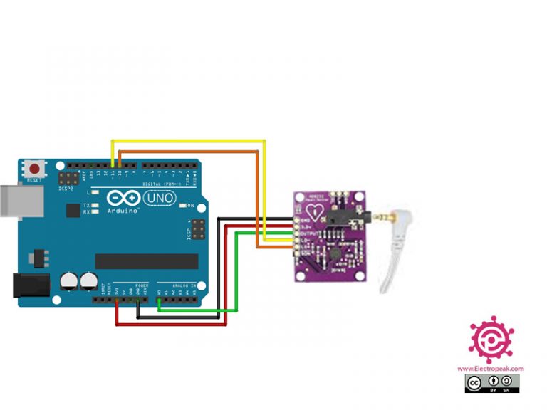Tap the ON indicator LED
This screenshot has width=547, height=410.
tap(183, 205)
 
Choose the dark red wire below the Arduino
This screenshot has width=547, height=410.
tap(171, 325)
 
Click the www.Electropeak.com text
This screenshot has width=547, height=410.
tap(490, 369)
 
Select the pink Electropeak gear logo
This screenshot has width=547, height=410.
tap(490, 340)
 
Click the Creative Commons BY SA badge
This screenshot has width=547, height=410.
tap(491, 384)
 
